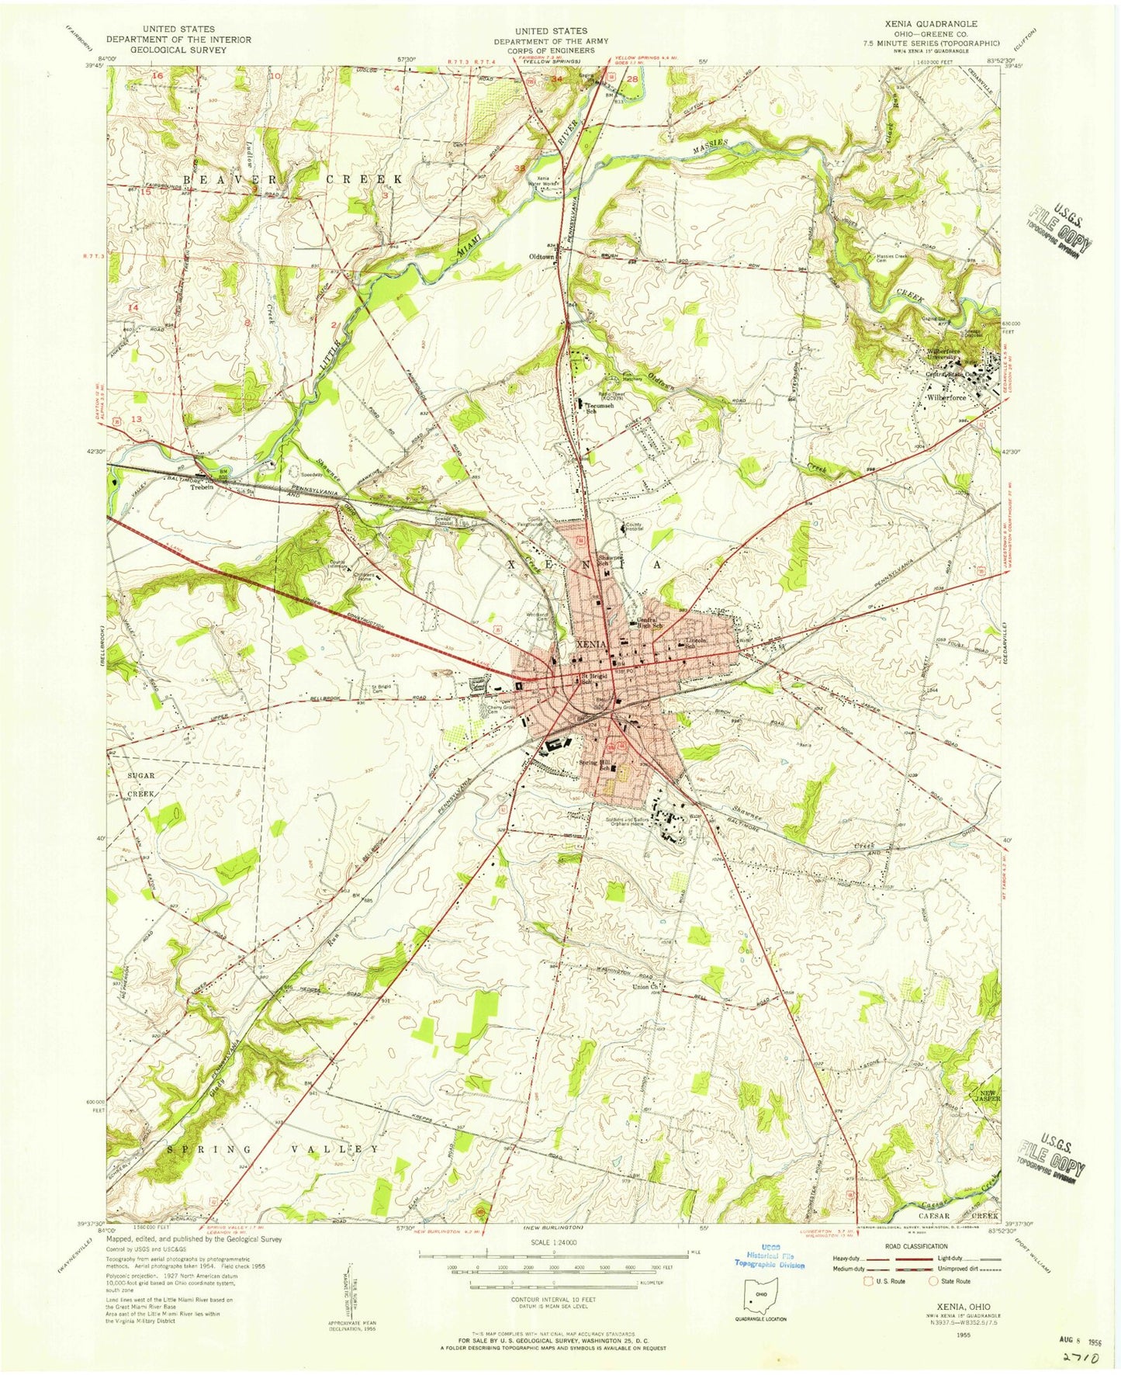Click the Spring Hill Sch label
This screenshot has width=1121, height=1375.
point(597,763)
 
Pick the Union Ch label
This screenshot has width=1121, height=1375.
point(645,987)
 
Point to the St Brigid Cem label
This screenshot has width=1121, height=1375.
point(380,688)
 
